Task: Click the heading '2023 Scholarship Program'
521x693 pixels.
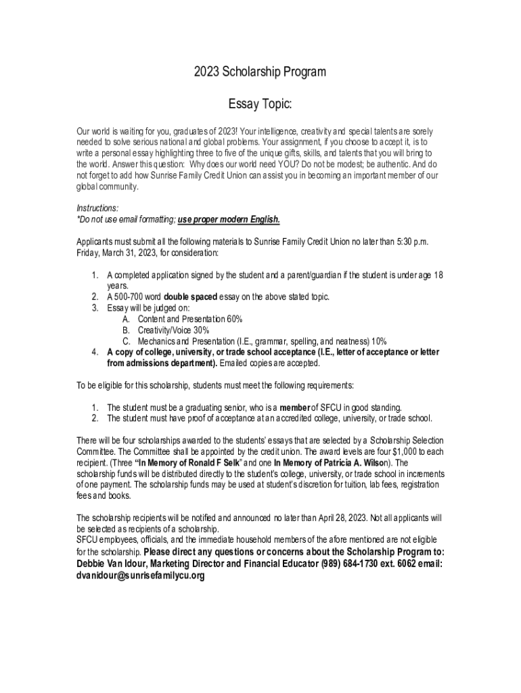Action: pos(260,72)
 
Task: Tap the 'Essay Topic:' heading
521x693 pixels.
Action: pos(260,105)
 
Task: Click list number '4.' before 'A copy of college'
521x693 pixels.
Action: pos(95,352)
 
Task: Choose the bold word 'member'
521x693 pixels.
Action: pos(294,407)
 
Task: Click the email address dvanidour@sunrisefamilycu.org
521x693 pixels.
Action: pos(140,575)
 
